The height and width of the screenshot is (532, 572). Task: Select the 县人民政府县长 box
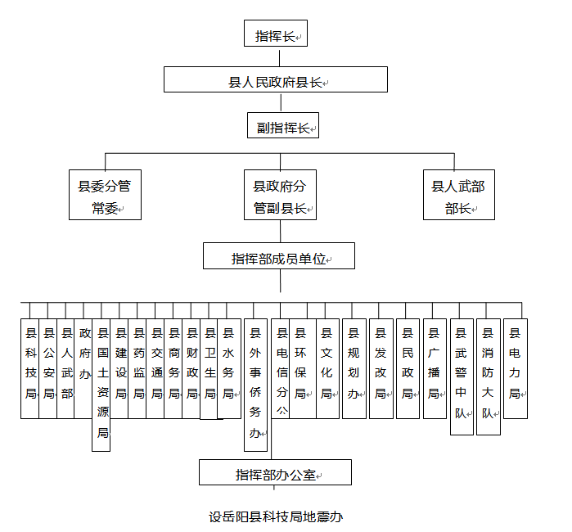point(275,80)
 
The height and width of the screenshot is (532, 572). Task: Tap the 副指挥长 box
point(282,127)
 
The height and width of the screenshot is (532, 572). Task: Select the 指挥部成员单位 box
point(279,257)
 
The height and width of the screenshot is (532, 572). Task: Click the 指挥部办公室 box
point(275,473)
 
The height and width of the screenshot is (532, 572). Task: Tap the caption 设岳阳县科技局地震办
point(275,516)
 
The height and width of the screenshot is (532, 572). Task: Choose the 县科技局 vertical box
point(30,368)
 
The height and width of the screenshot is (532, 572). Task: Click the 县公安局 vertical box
point(48,368)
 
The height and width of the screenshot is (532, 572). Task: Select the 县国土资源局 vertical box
point(102,384)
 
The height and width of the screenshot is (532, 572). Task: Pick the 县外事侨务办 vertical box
point(255,384)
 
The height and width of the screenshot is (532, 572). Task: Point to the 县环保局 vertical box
point(300,368)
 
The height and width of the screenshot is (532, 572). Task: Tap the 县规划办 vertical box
point(354,368)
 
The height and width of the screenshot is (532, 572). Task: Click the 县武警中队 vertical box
point(462,376)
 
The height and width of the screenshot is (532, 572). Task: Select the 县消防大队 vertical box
point(488,376)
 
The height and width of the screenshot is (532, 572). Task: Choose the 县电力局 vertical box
point(515,368)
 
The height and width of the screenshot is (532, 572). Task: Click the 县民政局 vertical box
point(408,368)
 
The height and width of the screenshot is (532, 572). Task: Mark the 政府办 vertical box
point(84,368)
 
